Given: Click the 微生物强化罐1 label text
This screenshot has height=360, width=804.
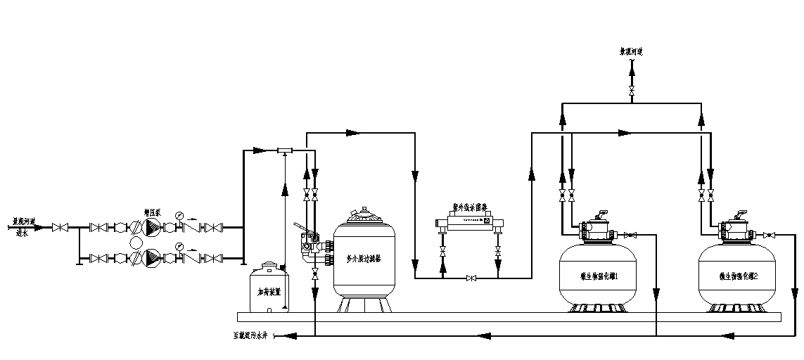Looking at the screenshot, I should (x=598, y=276).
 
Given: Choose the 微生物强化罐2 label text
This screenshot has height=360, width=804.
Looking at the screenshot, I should (x=739, y=276).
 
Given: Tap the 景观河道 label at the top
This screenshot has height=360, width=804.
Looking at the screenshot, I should (x=632, y=52).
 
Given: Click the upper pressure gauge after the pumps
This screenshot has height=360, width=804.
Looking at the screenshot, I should (x=180, y=215).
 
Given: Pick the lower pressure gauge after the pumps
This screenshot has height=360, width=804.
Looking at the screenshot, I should (x=180, y=246).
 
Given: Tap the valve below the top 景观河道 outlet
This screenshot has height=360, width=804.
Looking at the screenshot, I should (x=632, y=92).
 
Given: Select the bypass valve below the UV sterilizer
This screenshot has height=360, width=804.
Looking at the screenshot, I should (x=471, y=278).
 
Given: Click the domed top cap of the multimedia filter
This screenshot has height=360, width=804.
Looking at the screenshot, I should (x=364, y=214).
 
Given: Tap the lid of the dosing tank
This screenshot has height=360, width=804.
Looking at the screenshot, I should (x=269, y=266).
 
